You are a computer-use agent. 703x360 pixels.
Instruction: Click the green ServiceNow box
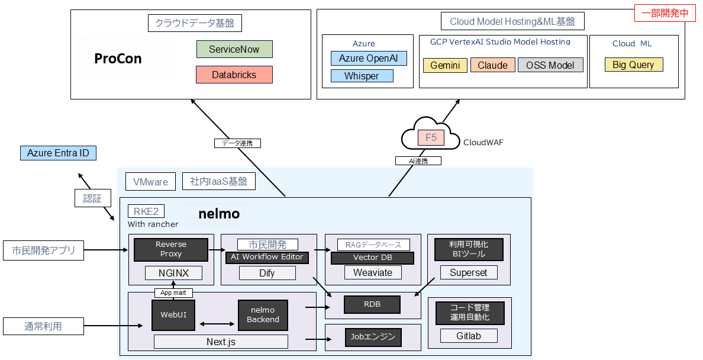[234, 49]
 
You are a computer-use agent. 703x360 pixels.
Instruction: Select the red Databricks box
[234, 75]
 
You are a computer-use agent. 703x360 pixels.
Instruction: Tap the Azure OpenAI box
[369, 58]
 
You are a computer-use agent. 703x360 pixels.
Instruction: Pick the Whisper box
[362, 76]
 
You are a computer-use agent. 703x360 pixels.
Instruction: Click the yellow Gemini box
[445, 65]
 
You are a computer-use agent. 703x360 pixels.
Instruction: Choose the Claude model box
[492, 65]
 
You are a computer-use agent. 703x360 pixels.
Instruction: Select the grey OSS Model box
[550, 65]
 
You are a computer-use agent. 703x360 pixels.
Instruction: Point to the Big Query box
[633, 65]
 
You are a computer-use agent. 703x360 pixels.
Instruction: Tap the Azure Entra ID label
[58, 153]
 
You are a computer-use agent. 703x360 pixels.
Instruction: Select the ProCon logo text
[118, 59]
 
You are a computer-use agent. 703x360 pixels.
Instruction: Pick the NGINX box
[173, 272]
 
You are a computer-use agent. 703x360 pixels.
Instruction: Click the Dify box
[267, 272]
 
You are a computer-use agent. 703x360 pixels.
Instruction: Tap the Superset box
[469, 272]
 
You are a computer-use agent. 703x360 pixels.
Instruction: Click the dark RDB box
[372, 304]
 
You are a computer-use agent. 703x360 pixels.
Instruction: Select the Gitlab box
[469, 336]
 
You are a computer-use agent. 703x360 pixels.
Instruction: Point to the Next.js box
[221, 342]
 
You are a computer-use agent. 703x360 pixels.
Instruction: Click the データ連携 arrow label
[237, 143]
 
